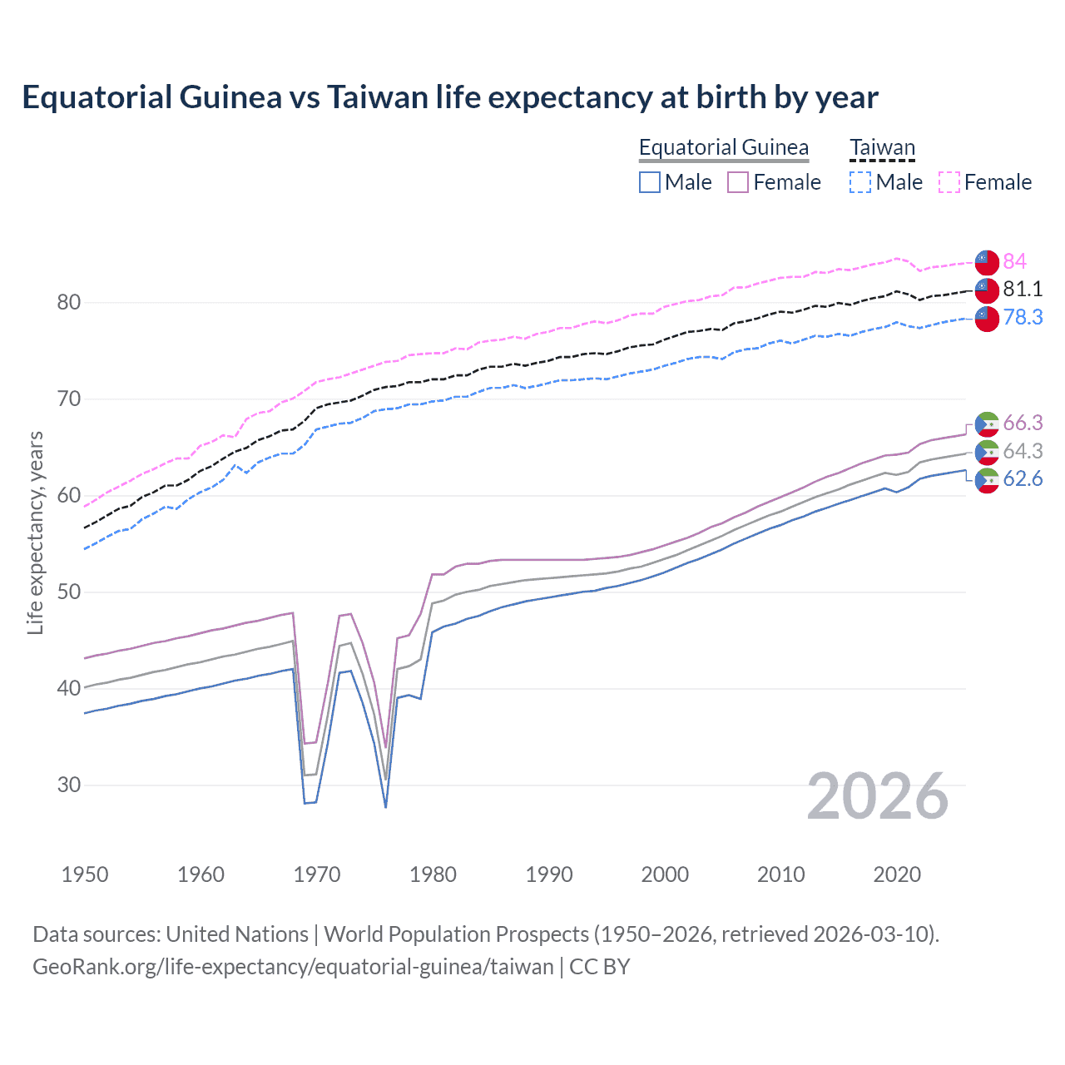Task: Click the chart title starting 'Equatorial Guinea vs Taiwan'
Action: (449, 97)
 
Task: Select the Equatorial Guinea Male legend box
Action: (650, 182)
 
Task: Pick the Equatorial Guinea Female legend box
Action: (738, 182)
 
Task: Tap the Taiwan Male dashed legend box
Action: (860, 182)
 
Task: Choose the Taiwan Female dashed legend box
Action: (949, 182)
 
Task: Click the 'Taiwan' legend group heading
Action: (882, 148)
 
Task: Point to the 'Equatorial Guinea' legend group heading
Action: (723, 148)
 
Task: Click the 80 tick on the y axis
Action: (69, 303)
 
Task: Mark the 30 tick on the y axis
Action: (69, 785)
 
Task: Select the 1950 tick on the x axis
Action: (85, 874)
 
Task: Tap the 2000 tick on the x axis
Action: (665, 874)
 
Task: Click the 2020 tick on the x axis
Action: (897, 874)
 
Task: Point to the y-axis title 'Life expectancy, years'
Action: (35, 532)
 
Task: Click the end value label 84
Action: (1014, 261)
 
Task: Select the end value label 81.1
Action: (1023, 289)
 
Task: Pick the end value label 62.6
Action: (1023, 478)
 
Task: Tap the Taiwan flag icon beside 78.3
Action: (987, 318)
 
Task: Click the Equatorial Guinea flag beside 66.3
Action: (987, 424)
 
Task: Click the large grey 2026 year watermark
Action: (877, 796)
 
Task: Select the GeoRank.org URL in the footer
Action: (293, 967)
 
